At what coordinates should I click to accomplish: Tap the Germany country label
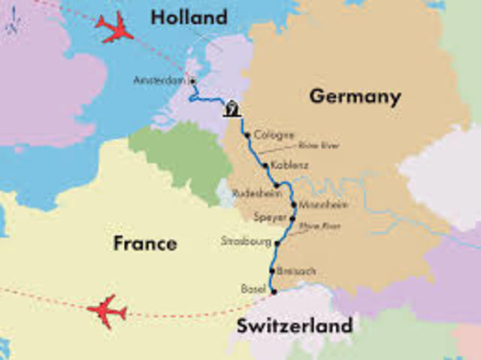point(355,97)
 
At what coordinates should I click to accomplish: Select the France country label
point(145,244)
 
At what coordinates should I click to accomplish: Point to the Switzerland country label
point(294,326)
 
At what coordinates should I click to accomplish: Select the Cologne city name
point(269,135)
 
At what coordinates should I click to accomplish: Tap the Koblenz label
point(286,165)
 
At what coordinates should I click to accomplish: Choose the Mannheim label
point(323,204)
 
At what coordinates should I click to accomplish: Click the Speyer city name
point(270,217)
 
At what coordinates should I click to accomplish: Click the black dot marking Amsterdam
point(193,80)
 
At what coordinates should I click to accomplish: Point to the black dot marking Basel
point(274,292)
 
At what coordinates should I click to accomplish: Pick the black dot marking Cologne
point(247,136)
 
